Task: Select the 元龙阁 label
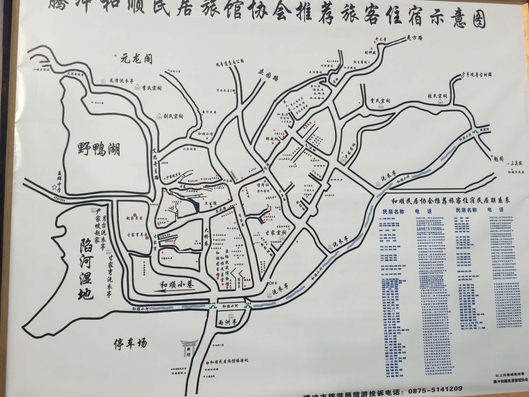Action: [x=136, y=60]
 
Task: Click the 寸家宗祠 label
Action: [x=275, y=232]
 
